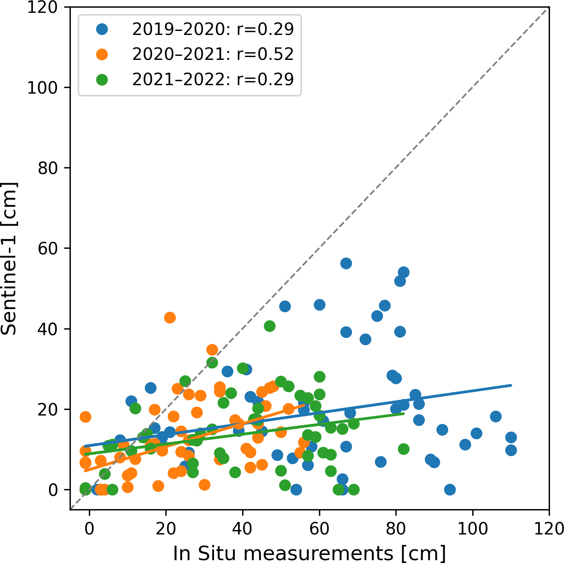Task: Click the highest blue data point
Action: (346, 264)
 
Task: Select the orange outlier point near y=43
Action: (170, 317)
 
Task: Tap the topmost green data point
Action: (270, 326)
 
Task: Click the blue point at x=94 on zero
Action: (450, 489)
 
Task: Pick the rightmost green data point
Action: (403, 449)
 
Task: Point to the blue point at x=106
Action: (496, 416)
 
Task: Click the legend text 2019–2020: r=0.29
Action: (213, 29)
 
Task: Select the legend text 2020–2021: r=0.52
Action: (213, 54)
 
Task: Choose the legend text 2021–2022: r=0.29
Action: (213, 80)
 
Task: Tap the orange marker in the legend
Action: (102, 54)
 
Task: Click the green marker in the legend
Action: (102, 80)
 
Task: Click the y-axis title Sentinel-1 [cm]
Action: (9, 258)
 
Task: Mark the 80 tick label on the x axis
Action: (396, 528)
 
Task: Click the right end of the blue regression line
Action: (510, 385)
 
